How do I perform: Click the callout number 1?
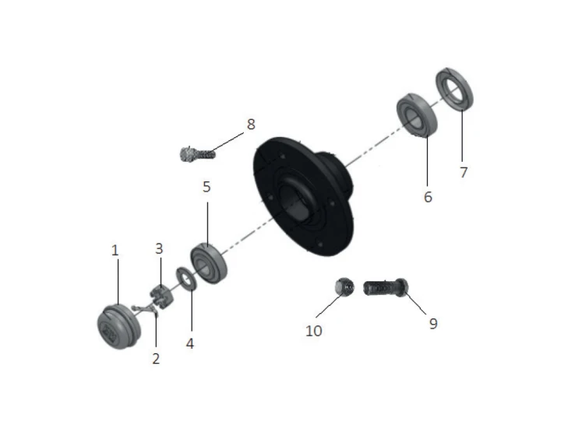[x=115, y=251]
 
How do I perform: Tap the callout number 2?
[x=156, y=358]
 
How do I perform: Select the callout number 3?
[x=159, y=248]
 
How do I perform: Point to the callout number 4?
[x=189, y=343]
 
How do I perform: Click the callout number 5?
[x=206, y=187]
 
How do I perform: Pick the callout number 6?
[x=428, y=197]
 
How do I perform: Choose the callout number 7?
[x=464, y=172]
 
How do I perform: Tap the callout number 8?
[x=252, y=125]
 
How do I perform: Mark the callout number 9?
[x=433, y=324]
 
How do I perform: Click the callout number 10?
[x=314, y=331]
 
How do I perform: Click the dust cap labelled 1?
[x=118, y=326]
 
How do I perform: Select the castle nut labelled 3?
[x=161, y=296]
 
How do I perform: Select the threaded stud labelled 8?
[x=196, y=153]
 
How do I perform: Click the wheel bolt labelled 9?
[x=386, y=287]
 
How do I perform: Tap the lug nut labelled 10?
[x=344, y=287]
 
